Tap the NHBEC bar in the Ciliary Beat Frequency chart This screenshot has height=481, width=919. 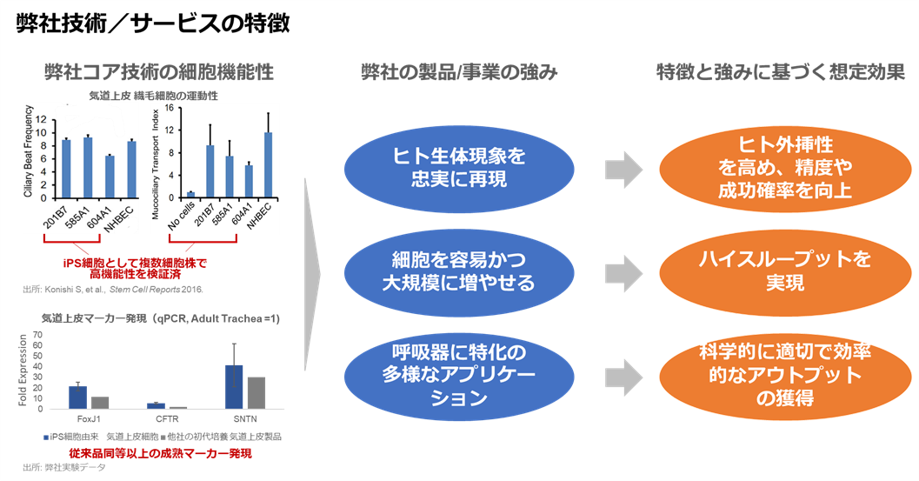131,170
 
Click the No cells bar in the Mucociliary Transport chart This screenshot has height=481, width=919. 190,196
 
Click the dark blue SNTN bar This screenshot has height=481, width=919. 234,386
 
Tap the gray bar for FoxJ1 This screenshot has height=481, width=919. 100,402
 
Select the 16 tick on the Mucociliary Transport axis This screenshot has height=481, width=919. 172,108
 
